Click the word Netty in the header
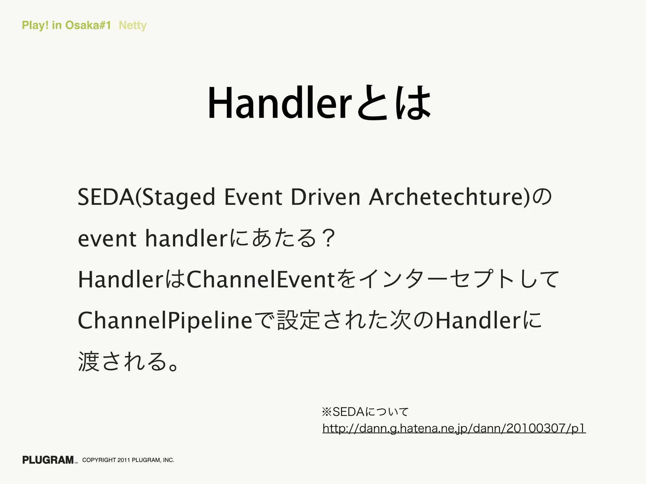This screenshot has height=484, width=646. (132, 25)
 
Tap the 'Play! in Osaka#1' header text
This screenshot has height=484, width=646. (66, 25)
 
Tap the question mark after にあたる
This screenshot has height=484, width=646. (328, 239)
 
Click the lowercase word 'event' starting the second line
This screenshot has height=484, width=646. (107, 239)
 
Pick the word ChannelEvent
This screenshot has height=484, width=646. (261, 280)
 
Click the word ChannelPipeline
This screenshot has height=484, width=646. (165, 321)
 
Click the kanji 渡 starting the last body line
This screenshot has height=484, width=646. (89, 362)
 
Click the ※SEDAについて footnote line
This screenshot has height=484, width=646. (365, 412)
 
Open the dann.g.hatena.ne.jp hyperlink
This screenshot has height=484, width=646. (454, 429)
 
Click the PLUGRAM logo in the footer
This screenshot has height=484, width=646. (48, 460)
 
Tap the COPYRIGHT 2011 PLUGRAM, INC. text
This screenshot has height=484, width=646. (128, 460)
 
